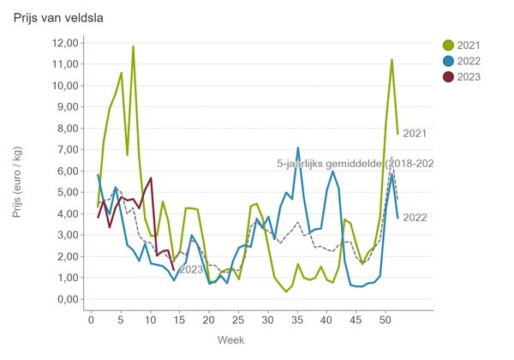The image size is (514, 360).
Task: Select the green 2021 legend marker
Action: coord(448,45)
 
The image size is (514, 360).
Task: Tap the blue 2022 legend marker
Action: coord(448,61)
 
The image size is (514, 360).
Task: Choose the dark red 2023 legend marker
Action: coord(448,76)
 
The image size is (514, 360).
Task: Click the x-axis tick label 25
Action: coord(239,321)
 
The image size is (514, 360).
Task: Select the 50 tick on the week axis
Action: coord(385,321)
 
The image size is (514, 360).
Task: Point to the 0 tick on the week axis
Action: coord(92,321)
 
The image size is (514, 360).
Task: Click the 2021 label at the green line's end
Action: coord(414,133)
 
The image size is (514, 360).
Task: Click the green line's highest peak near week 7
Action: coord(133,46)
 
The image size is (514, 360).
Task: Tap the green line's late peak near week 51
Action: coord(391,60)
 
